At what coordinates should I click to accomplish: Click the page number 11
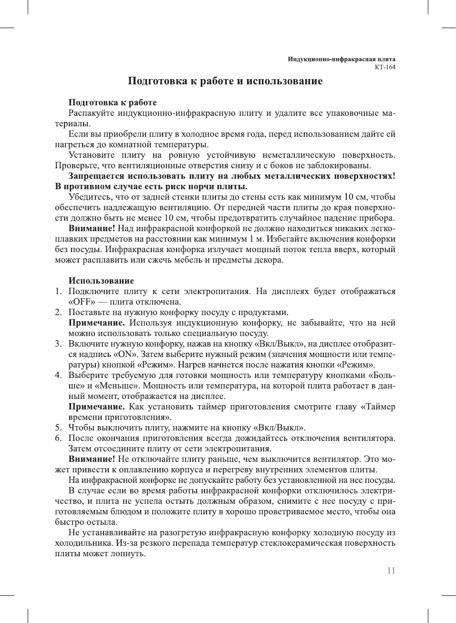coord(391,571)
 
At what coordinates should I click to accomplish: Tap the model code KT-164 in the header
coord(385,67)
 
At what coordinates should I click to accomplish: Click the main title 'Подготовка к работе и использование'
coord(225,81)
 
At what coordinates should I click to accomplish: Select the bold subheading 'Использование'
coord(101,281)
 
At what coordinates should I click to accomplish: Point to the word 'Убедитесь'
coord(90,197)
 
